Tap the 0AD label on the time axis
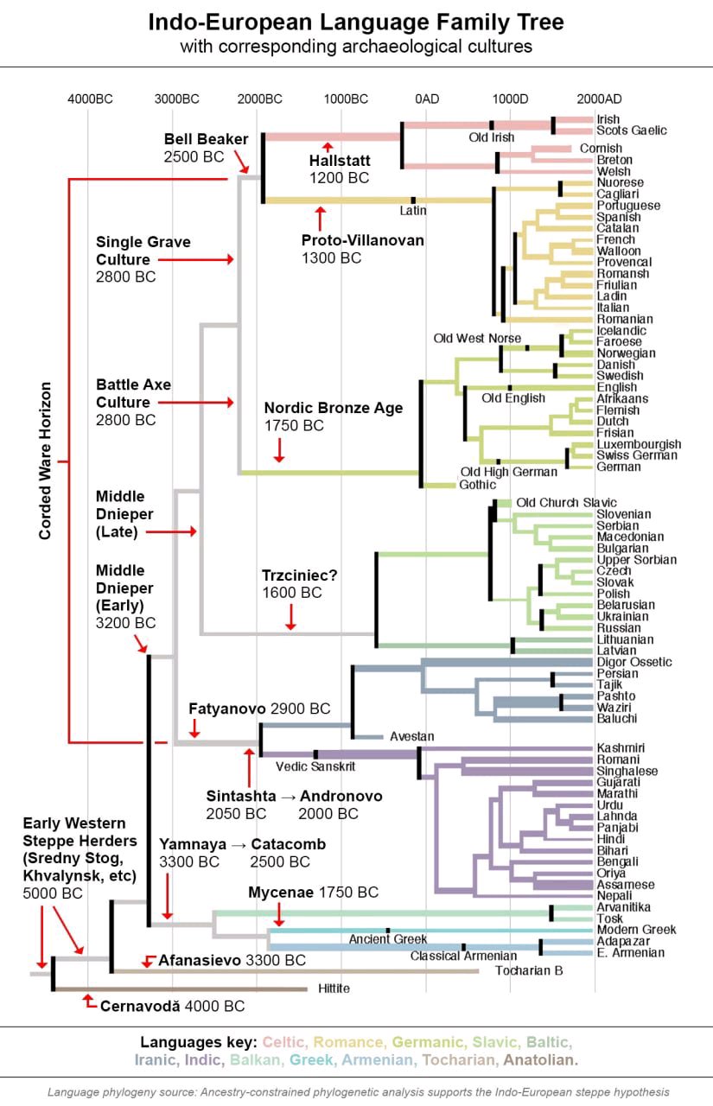[427, 99]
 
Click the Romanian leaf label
[625, 319]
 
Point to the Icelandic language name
[621, 330]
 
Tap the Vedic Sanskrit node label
[315, 766]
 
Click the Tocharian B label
[529, 971]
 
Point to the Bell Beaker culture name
[206, 139]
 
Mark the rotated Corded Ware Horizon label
[46, 461]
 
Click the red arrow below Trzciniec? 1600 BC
[291, 616]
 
